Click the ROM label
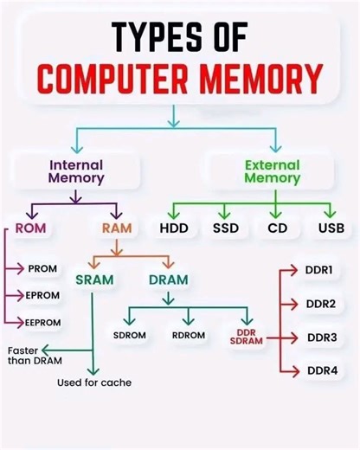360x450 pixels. click(30, 229)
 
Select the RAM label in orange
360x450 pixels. click(116, 229)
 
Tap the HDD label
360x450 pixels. click(174, 230)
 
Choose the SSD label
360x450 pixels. click(225, 230)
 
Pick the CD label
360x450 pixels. click(277, 230)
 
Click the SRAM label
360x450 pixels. click(93, 280)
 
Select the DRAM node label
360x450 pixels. click(168, 280)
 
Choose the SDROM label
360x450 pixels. click(130, 335)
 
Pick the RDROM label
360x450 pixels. click(187, 335)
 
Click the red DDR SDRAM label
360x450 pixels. click(247, 337)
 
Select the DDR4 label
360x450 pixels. click(320, 371)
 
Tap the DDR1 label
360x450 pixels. click(320, 270)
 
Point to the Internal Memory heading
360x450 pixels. click(76, 170)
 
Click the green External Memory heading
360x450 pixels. click(272, 170)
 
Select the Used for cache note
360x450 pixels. click(94, 382)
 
